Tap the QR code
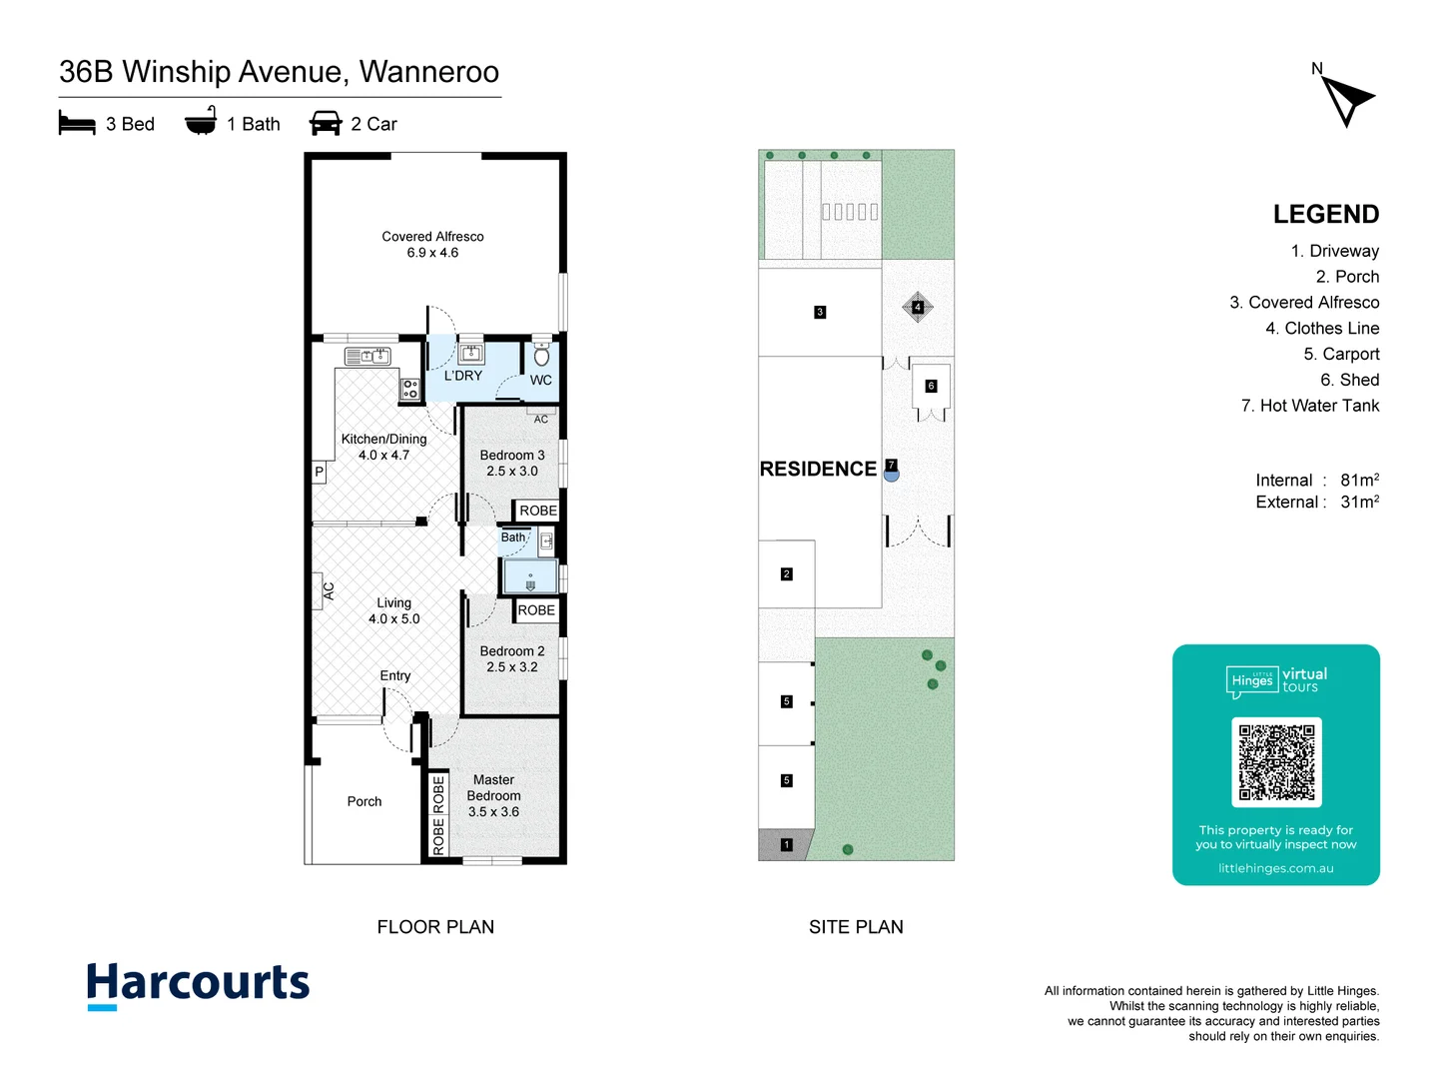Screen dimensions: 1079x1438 coord(1276,761)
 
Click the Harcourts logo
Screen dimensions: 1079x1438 coord(198,984)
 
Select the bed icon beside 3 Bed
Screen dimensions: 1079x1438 coord(77,124)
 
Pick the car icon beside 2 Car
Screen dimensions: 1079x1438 coord(326,124)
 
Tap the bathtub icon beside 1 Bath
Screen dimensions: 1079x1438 coord(201,122)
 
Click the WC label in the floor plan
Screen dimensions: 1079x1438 coord(540,380)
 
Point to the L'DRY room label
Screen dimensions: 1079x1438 coord(462,376)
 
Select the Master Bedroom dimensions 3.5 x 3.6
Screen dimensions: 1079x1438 coord(493,812)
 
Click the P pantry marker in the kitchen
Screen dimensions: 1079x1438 coord(320,472)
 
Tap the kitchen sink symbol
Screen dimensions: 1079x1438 coord(367,356)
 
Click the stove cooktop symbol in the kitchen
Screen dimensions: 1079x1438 coord(409,390)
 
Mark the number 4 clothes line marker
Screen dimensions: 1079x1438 coord(918,307)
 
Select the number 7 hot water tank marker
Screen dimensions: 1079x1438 coord(892,466)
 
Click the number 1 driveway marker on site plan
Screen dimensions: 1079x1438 coord(786,845)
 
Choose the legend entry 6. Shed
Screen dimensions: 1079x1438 coord(1349,380)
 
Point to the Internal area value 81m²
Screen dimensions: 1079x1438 coord(1359,480)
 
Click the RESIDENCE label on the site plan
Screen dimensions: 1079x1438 coord(818,469)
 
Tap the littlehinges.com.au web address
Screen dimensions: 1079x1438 coord(1275,868)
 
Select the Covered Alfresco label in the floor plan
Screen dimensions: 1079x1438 coord(432,237)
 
